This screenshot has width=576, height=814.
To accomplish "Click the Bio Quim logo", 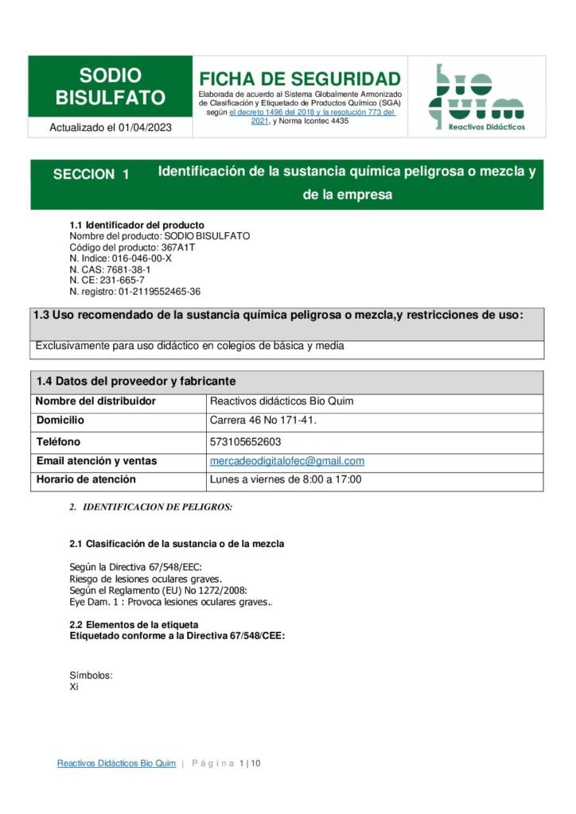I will coord(477,97).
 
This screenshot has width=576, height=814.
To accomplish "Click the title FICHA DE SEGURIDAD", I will coord(299,79).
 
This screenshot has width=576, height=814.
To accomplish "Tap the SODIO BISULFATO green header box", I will coord(111,87).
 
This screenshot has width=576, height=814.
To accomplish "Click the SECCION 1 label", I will coord(91,175).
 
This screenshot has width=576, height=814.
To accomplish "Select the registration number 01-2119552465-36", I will coord(158,292).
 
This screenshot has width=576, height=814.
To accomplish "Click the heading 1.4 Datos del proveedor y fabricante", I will coord(135,382).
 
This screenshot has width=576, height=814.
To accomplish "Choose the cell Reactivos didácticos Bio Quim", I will coord(282,401).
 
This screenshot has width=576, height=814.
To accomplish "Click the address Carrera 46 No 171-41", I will coord(263,421).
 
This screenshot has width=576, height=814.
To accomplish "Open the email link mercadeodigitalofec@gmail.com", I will coord(286,461).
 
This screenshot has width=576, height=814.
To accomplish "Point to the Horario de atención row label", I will coord(86,480).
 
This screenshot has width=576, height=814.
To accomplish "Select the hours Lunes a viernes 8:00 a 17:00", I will coord(286,480).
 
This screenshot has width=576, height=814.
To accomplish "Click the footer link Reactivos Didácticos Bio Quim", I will coord(116,764).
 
